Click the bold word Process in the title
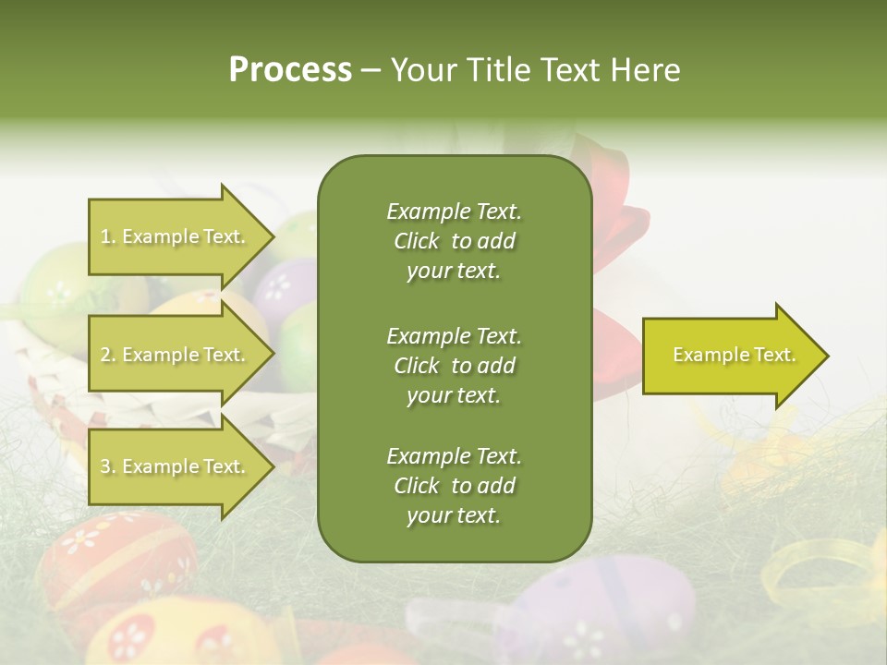tap(290, 70)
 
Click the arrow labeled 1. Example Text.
tap(176, 236)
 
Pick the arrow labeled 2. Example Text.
tap(176, 355)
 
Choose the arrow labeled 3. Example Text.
tap(176, 466)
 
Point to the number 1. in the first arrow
tap(108, 237)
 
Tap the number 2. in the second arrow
tap(108, 356)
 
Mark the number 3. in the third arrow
tap(108, 467)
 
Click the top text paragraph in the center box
tap(454, 241)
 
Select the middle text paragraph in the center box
tap(454, 366)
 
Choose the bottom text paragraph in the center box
tap(454, 486)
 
